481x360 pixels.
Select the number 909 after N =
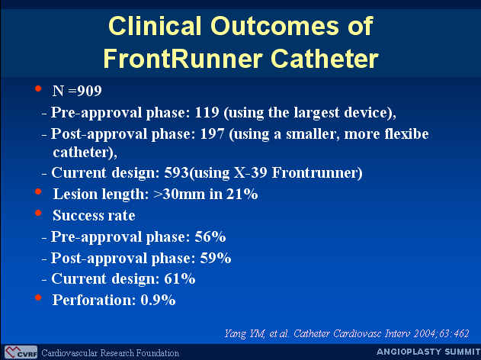click(x=89, y=91)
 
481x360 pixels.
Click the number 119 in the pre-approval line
click(x=207, y=112)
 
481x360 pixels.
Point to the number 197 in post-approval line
click(x=212, y=133)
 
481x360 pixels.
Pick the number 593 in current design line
click(x=176, y=172)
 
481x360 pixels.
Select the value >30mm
click(x=178, y=194)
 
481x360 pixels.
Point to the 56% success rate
click(x=210, y=236)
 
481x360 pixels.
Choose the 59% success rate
click(x=216, y=258)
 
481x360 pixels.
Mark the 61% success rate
click(x=180, y=278)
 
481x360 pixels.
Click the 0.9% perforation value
click(x=158, y=300)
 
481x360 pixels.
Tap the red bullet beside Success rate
click(x=38, y=213)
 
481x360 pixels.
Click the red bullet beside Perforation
click(x=38, y=297)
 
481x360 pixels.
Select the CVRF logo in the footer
click(x=21, y=352)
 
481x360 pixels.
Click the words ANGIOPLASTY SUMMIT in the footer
click(x=428, y=352)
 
